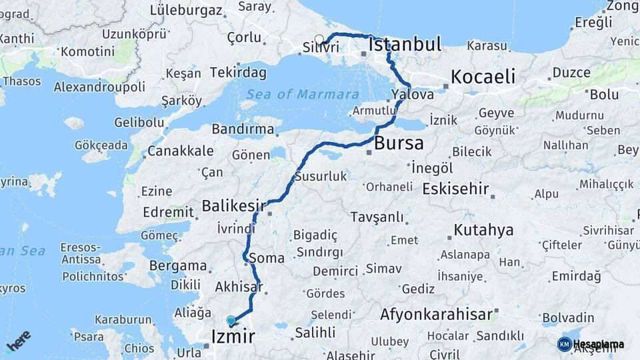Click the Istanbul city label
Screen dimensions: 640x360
(405, 45)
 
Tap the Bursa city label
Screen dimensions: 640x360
(399, 143)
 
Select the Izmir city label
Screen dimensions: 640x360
(233, 336)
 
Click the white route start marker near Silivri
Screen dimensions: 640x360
(319, 39)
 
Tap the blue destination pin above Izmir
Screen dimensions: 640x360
(231, 321)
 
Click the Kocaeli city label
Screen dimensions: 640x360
(483, 77)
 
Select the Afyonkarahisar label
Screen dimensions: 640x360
(436, 314)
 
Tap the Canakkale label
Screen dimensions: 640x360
(180, 151)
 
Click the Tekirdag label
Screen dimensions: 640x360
(238, 72)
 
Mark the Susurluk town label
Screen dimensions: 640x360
(321, 177)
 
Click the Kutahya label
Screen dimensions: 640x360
(483, 231)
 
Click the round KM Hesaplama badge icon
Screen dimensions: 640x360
(564, 344)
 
